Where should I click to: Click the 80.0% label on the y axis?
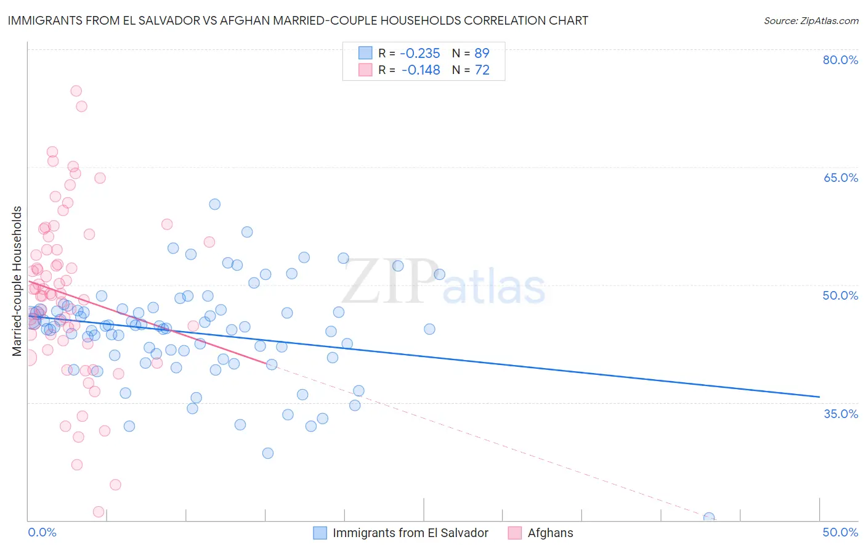(x=840, y=60)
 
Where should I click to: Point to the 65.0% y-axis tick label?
(x=840, y=178)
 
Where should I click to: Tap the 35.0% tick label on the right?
(x=840, y=413)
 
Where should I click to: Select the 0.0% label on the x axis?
(x=42, y=532)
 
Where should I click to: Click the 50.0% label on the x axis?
(x=840, y=532)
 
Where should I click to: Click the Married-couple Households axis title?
(x=17, y=281)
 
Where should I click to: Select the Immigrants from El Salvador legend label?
(x=410, y=533)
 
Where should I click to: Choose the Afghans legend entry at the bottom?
(x=550, y=533)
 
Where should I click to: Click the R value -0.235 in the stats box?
(x=420, y=53)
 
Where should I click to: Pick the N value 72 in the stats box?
(x=482, y=70)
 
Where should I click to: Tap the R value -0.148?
(x=420, y=70)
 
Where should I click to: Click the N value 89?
(x=482, y=53)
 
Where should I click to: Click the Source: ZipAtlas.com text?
(x=811, y=21)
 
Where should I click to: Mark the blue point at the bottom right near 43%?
(x=709, y=518)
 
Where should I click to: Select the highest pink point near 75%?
(x=76, y=91)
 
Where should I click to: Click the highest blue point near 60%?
(x=214, y=204)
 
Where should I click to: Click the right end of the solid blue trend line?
(x=819, y=396)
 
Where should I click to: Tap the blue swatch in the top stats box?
(x=365, y=53)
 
